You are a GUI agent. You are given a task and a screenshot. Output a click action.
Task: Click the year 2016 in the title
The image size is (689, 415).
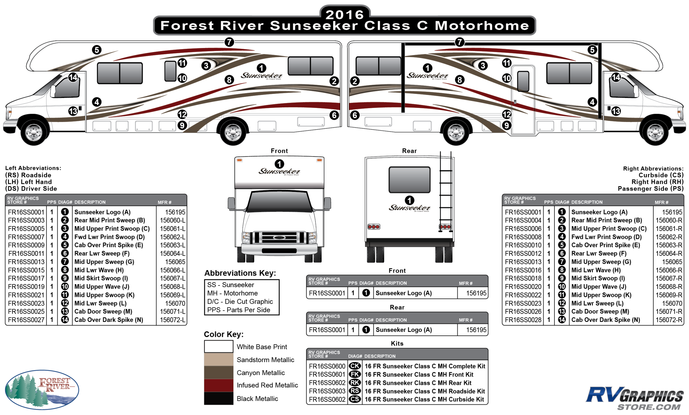pos(344,15)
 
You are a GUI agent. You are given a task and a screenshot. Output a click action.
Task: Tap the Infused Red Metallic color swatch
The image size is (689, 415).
pos(218,385)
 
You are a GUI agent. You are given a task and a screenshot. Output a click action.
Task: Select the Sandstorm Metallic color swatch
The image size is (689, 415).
pos(218,359)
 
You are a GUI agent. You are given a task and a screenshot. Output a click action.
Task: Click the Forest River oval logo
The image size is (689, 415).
pos(42,390)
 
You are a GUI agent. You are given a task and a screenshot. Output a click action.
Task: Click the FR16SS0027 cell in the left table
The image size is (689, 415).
pos(26,320)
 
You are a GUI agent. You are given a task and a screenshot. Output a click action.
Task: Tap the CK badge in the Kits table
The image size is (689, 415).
pos(355,366)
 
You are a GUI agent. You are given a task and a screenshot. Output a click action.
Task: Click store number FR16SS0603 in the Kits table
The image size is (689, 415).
pos(327,391)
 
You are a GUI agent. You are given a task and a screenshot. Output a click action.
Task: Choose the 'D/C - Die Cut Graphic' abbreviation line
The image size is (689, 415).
pos(240,302)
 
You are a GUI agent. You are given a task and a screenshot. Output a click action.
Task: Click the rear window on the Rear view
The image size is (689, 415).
pos(409,180)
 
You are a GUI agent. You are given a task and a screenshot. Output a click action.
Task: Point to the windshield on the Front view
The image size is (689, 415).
pos(279,202)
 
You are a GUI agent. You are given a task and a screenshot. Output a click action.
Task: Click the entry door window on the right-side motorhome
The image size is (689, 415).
pos(523,81)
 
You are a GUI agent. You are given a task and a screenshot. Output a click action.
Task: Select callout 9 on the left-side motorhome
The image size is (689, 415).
pos(182,125)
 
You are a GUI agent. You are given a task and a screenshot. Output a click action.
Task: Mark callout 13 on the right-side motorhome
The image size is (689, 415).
pos(616,111)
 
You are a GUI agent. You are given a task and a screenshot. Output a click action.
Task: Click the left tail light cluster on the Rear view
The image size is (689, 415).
pos(374,227)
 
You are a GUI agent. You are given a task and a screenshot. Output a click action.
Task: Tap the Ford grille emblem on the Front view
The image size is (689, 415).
pos(279,238)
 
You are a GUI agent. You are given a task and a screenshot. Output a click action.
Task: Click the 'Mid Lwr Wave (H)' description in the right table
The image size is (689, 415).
pos(596,270)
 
